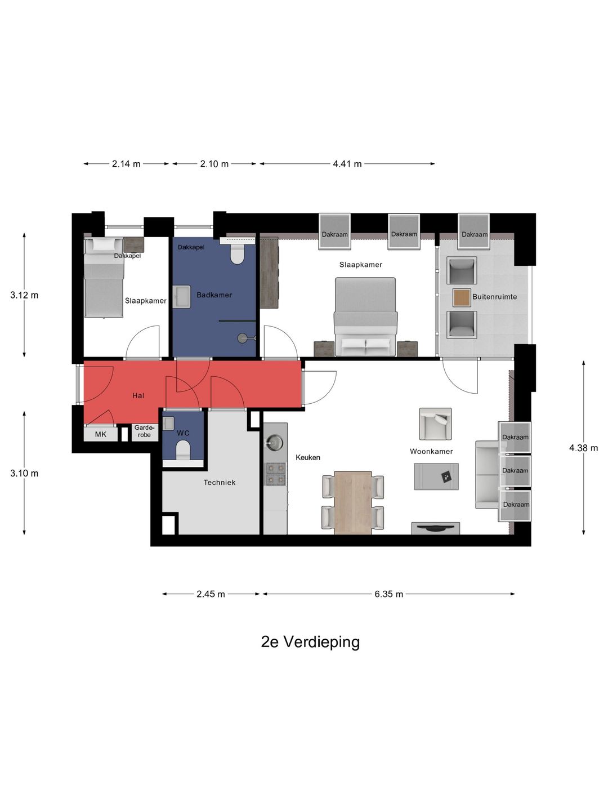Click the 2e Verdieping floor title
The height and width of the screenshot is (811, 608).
310,641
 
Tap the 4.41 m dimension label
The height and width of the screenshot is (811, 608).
347,164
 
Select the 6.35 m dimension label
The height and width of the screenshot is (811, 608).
388,594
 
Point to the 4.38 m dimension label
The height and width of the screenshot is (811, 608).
583,448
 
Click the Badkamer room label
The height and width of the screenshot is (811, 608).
214,295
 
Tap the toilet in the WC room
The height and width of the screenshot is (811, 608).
183,450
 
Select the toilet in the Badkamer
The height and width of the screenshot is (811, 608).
238,255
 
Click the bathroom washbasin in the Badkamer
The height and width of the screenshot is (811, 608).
182,296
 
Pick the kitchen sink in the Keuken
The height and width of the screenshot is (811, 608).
275,442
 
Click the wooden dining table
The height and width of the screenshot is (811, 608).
353,502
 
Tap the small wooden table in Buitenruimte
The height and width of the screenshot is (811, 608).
462,297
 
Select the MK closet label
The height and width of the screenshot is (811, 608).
101,434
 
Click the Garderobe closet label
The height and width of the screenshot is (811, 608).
144,431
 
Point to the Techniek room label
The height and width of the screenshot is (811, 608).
220,483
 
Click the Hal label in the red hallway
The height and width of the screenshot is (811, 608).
138,396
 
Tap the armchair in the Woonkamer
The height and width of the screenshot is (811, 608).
435,424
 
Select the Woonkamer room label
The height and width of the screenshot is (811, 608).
431,452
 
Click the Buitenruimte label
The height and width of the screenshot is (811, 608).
494,297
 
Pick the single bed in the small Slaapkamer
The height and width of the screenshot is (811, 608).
104,277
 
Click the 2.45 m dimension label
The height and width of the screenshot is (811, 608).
211,594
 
